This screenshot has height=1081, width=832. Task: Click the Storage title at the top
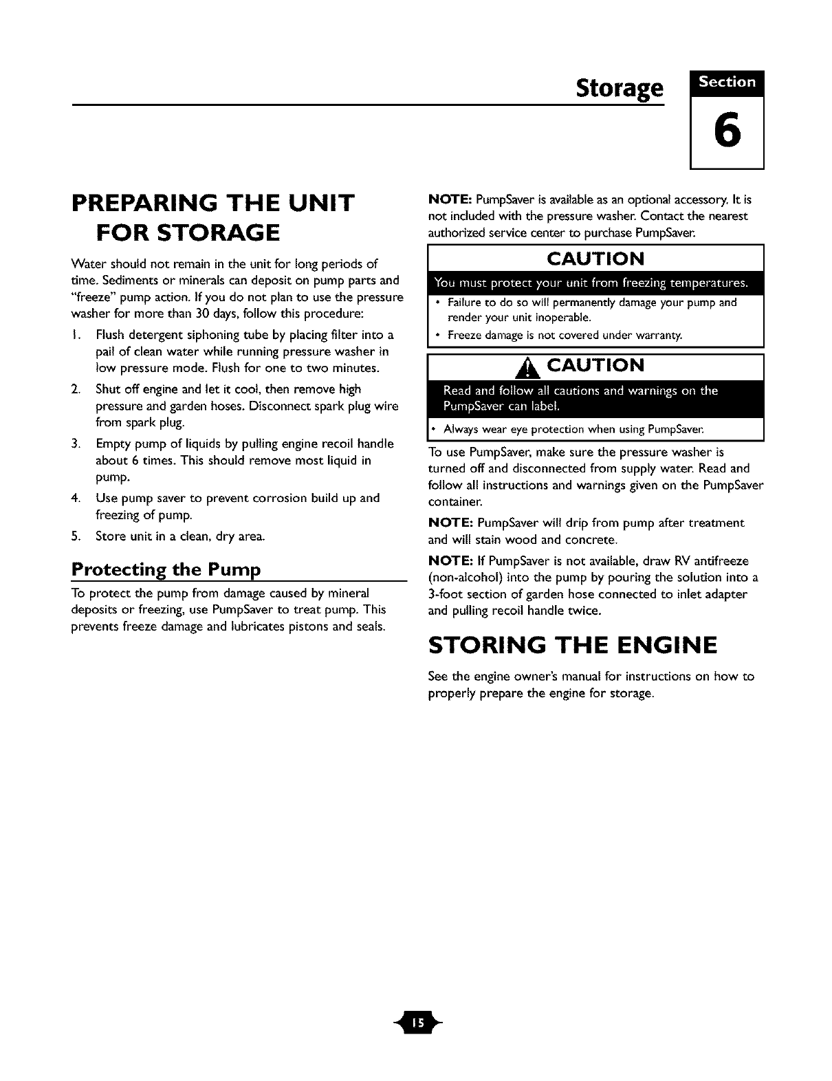tap(620, 89)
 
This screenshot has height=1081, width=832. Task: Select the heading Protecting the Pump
tap(166, 570)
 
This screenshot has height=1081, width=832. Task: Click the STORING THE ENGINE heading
tap(572, 646)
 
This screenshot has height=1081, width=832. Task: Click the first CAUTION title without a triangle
tap(595, 259)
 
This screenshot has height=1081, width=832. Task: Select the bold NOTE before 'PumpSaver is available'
tap(449, 200)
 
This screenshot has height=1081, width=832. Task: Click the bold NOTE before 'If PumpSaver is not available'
tap(449, 561)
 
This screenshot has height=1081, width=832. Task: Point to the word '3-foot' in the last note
tap(448, 594)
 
